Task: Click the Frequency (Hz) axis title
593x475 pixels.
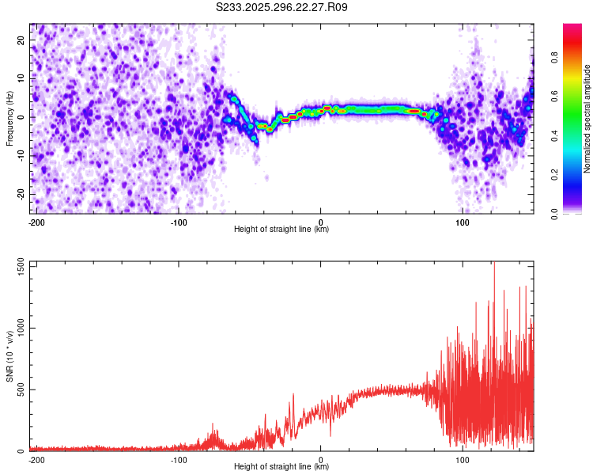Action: pos(9,118)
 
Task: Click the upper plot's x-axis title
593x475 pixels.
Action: pos(281,229)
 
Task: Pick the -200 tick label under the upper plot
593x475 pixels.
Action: pos(36,222)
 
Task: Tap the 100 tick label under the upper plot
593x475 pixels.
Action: pos(463,222)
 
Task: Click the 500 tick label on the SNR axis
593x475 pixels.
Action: pos(20,389)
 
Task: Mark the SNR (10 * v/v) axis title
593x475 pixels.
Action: pos(9,355)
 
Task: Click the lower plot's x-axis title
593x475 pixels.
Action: pos(281,467)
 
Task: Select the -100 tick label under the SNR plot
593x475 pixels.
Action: pos(178,459)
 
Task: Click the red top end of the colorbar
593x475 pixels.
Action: pos(572,28)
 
